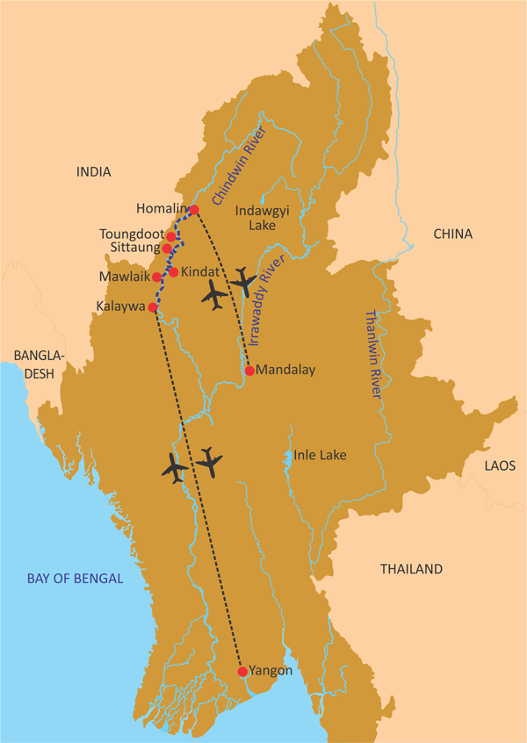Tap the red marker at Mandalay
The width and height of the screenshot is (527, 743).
(x=249, y=371)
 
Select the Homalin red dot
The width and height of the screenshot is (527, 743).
(x=194, y=209)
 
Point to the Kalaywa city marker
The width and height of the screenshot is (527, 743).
(x=153, y=307)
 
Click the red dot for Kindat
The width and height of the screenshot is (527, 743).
(x=174, y=272)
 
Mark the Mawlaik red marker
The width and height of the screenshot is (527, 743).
(x=157, y=278)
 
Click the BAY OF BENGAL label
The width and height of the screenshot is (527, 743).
(x=75, y=578)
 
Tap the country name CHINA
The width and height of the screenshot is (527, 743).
(x=452, y=234)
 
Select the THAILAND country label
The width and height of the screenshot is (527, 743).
(x=411, y=569)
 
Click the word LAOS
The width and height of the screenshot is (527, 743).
(x=501, y=465)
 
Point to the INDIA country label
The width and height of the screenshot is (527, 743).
(x=94, y=171)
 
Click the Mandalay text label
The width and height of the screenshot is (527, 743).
(x=285, y=370)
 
